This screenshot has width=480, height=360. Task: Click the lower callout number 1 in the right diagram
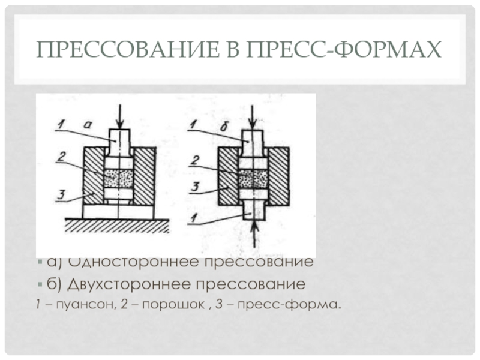click(193, 217)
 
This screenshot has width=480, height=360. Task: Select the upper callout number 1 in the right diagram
click(193, 125)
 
